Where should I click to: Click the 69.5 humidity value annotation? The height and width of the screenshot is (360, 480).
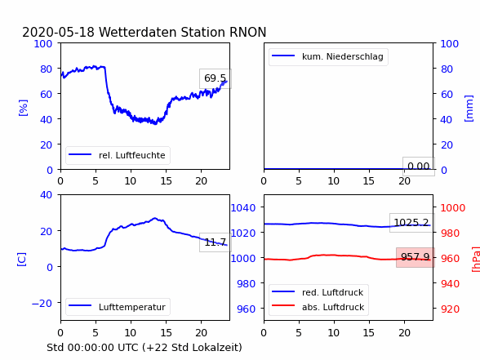pyautogui.click(x=216, y=78)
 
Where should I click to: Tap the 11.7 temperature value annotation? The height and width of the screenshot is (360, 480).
pyautogui.click(x=216, y=242)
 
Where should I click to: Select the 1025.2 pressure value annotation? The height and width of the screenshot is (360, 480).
pyautogui.click(x=411, y=223)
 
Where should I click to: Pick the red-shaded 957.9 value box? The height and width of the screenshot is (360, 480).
pyautogui.click(x=415, y=257)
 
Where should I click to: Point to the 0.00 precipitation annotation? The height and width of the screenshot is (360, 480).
pyautogui.click(x=419, y=167)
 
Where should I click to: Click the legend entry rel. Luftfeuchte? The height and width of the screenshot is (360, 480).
pyautogui.click(x=118, y=155)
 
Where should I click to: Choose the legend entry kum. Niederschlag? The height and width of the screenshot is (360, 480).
pyautogui.click(x=328, y=56)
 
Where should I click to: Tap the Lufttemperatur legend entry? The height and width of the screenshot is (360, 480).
pyautogui.click(x=118, y=307)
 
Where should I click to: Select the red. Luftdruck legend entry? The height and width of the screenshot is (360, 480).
pyautogui.click(x=318, y=292)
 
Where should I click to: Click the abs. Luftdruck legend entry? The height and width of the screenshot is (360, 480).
pyautogui.click(x=318, y=307)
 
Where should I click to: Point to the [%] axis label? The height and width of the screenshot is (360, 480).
pyautogui.click(x=23, y=108)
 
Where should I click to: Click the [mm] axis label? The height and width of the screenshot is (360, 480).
pyautogui.click(x=469, y=109)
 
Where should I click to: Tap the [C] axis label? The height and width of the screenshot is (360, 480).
pyautogui.click(x=22, y=259)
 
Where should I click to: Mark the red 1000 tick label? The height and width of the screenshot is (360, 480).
pyautogui.click(x=453, y=208)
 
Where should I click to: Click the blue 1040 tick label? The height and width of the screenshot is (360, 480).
pyautogui.click(x=243, y=208)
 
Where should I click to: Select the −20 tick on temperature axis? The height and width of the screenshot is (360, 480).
pyautogui.click(x=42, y=303)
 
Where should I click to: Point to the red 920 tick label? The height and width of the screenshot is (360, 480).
pyautogui.click(x=450, y=309)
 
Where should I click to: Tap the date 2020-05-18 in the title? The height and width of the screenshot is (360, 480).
pyautogui.click(x=58, y=32)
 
